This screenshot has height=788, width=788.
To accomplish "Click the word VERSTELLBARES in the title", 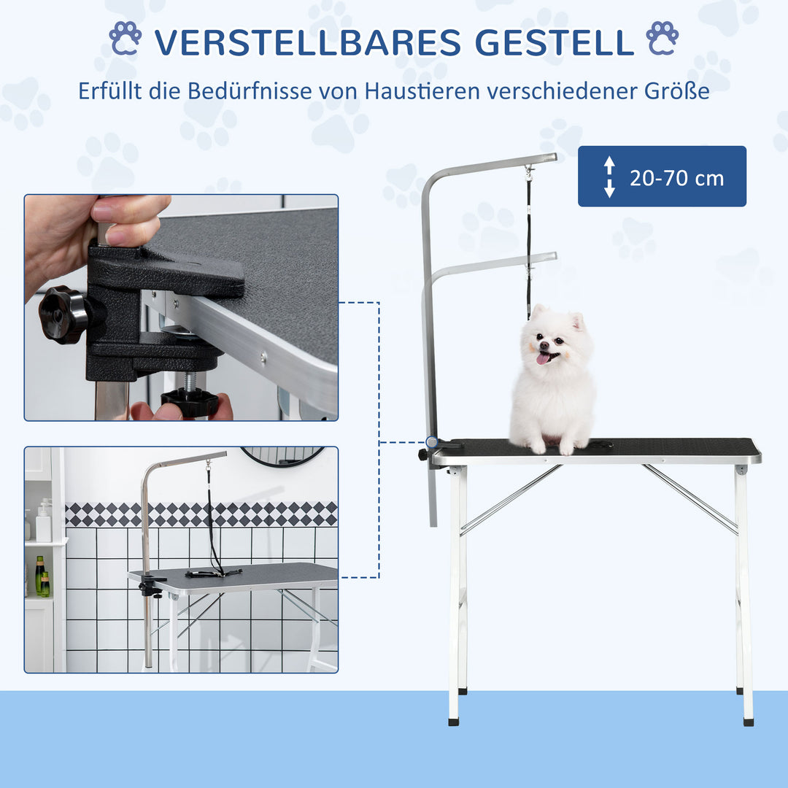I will coord(307,42).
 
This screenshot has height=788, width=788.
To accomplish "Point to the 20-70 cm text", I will coord(676,177).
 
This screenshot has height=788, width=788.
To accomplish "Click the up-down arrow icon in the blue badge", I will coord(609,177).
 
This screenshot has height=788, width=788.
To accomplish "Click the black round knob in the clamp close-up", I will coord(63,314).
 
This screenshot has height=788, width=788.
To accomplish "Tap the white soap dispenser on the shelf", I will coord(44,519).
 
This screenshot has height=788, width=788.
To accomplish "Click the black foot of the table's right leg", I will coord(748,721).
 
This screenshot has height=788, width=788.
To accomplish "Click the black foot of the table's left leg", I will coord(454,721).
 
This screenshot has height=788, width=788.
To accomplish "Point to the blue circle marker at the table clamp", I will coord(432,442).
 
